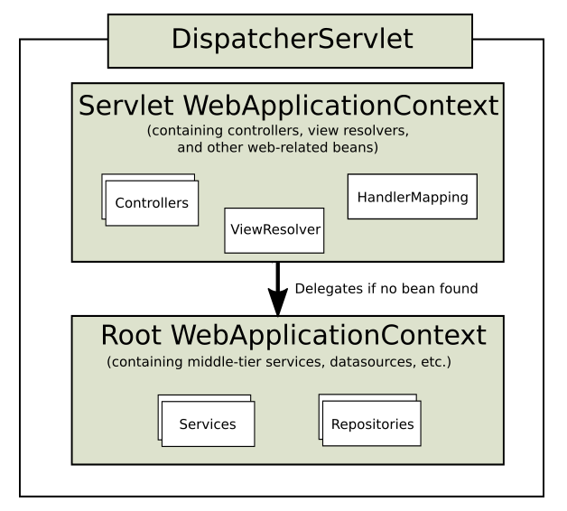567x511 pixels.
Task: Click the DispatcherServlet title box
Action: point(290,41)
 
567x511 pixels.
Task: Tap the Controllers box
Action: point(152,203)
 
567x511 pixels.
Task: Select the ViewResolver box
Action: point(274,230)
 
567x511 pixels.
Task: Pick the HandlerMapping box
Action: point(413,197)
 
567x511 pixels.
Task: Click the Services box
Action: point(208,423)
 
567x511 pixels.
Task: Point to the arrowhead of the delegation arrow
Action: point(278,302)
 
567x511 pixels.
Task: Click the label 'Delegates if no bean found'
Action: point(386,289)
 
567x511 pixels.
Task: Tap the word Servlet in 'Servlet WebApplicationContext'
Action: point(126,106)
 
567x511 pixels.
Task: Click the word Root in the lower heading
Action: point(131,335)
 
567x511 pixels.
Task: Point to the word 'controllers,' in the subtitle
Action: point(265,131)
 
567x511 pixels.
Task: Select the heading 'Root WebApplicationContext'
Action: point(293,335)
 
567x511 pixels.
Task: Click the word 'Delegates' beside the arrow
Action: point(329,289)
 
